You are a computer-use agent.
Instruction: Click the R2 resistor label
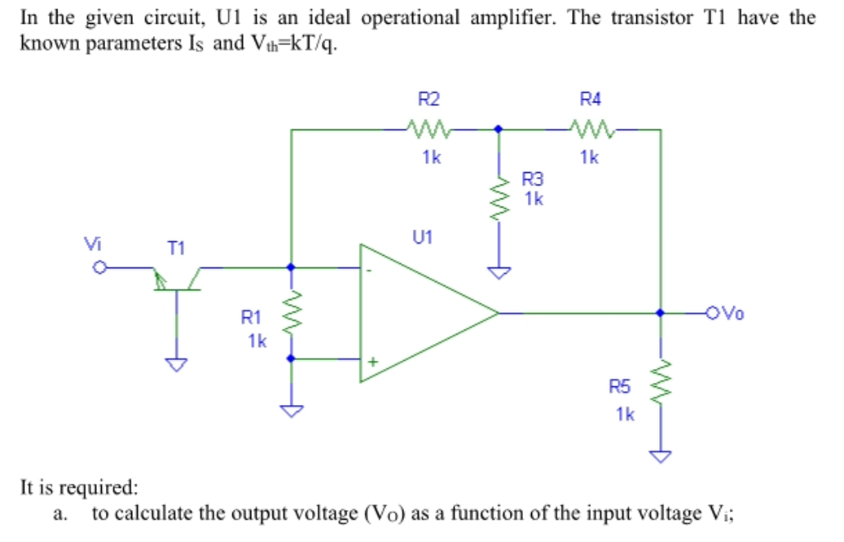coord(429,100)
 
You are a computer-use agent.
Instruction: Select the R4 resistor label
coord(589,100)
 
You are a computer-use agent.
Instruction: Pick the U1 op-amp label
coord(422,238)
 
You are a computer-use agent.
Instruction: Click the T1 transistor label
coord(176,246)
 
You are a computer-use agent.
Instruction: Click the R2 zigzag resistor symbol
coord(428,129)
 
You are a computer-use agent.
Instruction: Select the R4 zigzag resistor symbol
coord(589,129)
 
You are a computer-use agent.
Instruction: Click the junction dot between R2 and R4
coord(498,129)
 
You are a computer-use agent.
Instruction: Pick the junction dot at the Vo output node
coord(662,312)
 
